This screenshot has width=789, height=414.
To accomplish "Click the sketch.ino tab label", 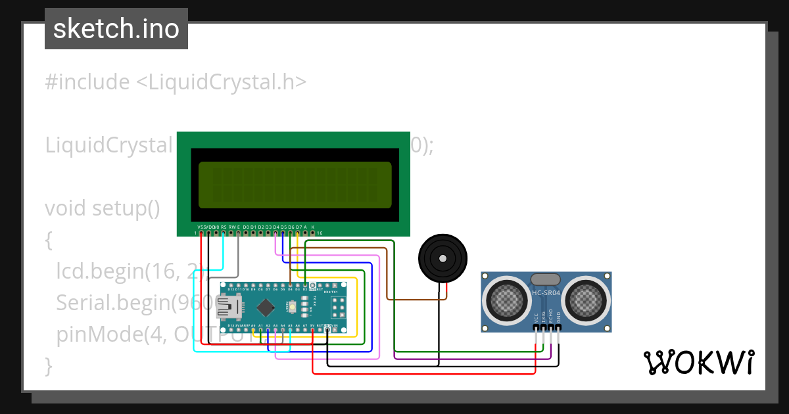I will (x=116, y=30).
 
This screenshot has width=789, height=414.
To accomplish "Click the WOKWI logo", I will (x=698, y=362).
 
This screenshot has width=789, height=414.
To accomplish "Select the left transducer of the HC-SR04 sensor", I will (x=507, y=300).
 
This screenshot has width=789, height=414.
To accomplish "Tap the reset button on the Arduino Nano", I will (x=291, y=307).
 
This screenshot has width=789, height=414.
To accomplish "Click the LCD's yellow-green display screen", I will (x=295, y=185).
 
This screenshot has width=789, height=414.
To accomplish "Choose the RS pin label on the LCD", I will (x=224, y=227).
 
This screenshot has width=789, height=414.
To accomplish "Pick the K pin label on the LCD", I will (x=313, y=227).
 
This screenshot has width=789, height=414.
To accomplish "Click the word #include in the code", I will (x=87, y=82).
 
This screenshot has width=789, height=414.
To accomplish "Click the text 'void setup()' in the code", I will (x=103, y=208).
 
